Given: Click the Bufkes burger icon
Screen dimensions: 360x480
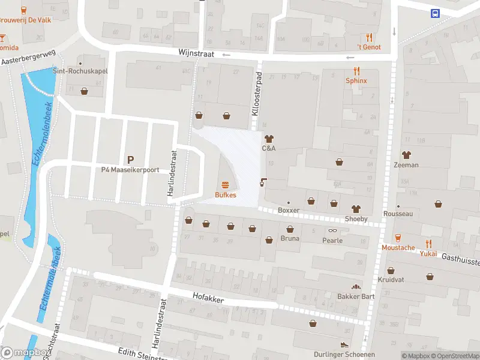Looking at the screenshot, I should (x=226, y=185).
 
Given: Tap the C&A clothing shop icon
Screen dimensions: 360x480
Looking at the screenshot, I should (x=268, y=138).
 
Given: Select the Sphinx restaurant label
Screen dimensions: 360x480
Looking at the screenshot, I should (x=356, y=80).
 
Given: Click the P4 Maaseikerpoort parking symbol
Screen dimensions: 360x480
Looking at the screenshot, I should (x=130, y=160).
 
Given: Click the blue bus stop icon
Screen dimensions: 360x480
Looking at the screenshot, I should (x=435, y=13).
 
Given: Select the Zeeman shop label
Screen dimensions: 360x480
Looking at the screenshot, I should (x=406, y=165).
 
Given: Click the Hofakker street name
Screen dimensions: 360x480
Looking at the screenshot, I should (x=208, y=296).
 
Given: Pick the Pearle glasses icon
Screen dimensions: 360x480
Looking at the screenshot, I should (x=332, y=230).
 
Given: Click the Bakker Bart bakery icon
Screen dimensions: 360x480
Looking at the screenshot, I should (x=356, y=287).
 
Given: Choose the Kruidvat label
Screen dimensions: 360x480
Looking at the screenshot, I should (x=391, y=280).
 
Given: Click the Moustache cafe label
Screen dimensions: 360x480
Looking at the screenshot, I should (x=398, y=247).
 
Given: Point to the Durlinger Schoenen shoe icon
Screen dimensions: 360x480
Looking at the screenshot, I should (x=344, y=345).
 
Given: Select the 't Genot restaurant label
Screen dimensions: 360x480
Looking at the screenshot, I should (x=369, y=47).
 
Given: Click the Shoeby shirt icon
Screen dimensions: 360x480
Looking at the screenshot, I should (x=356, y=209).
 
